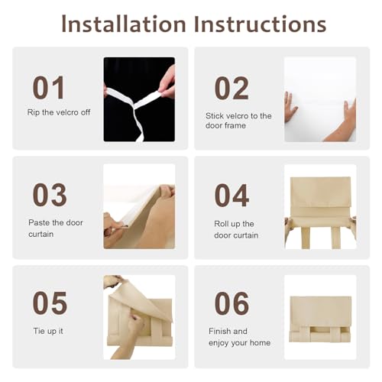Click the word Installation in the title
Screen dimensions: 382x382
124,24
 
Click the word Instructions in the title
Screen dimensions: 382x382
260,24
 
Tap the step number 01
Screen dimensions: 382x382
48,87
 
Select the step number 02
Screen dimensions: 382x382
231,89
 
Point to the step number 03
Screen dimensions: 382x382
50,195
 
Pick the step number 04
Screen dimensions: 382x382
231,196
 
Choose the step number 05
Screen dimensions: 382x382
50,303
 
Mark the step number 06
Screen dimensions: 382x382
231,303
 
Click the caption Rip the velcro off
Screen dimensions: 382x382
59,112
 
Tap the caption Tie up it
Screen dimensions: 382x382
48,331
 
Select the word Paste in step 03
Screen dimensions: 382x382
39,222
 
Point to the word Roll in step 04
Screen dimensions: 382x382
222,224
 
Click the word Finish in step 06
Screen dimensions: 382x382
220,331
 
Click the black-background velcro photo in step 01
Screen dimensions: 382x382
139,99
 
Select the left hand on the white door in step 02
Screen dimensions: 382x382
290,106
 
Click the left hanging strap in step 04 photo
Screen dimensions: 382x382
306,238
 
